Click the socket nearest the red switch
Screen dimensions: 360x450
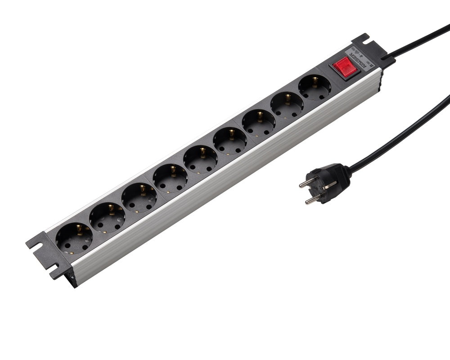314,87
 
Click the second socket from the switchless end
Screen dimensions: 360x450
107,217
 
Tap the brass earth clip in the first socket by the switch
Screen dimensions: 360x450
315,81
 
